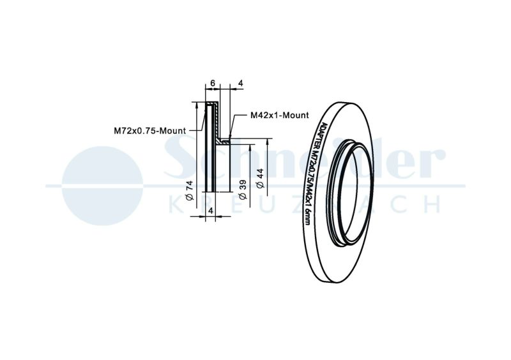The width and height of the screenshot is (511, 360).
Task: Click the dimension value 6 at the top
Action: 213,83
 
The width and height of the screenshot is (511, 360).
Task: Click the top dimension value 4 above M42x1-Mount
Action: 241,83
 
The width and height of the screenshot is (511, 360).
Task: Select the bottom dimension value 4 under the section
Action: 211,211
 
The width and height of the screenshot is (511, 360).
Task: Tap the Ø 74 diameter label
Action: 190,190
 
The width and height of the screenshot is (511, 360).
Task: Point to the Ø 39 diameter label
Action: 243,190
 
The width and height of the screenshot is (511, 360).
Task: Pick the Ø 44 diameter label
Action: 261,179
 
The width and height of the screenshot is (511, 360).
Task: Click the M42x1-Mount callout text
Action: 279,115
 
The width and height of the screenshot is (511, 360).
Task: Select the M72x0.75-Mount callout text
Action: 150,131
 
